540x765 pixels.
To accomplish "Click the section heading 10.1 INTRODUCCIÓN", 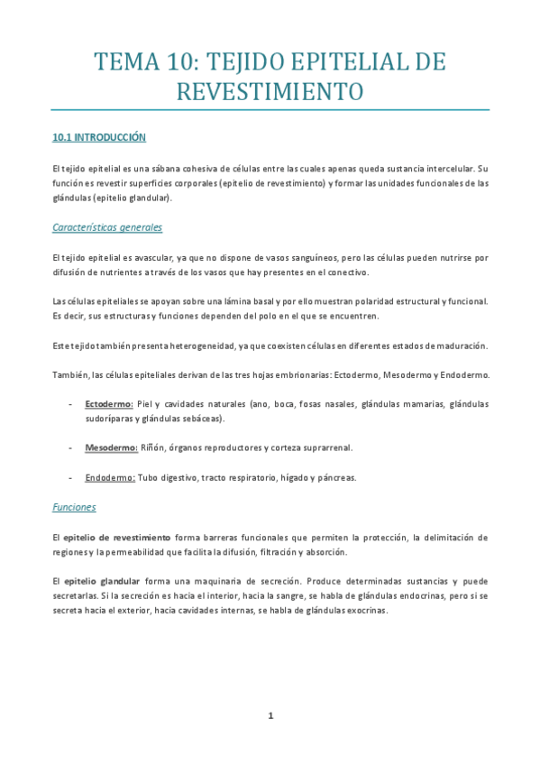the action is tap(98, 138).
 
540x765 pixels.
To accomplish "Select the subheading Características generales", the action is tap(107, 227).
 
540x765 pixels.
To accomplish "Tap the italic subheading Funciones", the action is tap(74, 507).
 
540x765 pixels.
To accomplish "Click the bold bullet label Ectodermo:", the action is tap(108, 403).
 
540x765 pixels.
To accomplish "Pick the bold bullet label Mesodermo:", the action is tap(110, 447).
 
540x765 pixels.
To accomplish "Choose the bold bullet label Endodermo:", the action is tap(110, 477).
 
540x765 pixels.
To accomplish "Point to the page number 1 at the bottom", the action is tap(270, 715).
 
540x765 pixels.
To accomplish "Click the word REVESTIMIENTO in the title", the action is tap(270, 91).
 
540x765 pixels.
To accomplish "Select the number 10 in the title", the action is tap(178, 62).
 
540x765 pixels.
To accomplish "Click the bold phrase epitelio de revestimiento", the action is tap(117, 537).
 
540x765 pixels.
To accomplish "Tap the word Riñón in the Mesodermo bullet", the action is tap(152, 447).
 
